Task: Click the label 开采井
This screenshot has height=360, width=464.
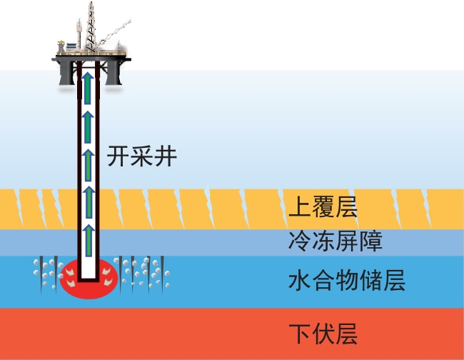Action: tap(141, 155)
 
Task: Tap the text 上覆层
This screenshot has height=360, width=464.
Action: tap(321, 207)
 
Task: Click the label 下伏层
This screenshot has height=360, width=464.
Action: tap(323, 334)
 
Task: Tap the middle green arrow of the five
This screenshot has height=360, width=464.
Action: tap(89, 161)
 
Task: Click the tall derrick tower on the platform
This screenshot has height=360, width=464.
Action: tap(91, 21)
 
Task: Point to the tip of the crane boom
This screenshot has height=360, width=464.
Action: tap(132, 23)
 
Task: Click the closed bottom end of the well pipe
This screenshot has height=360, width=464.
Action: tap(89, 281)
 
